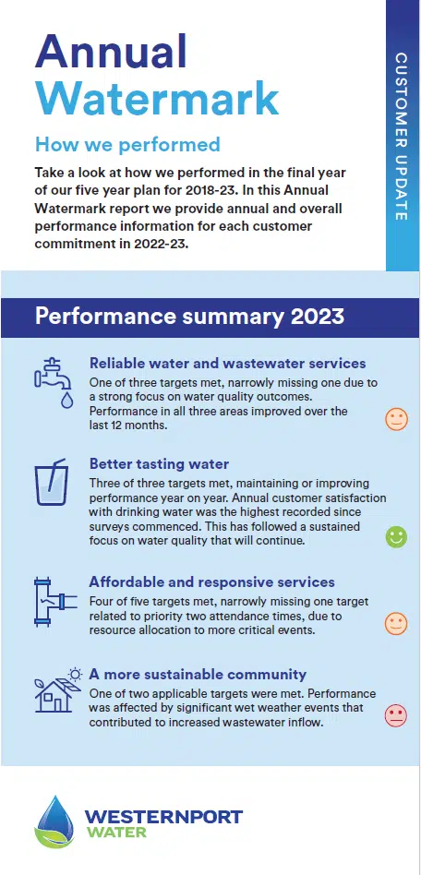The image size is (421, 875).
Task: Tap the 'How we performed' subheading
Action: pyautogui.click(x=127, y=145)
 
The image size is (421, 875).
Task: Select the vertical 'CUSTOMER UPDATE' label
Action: pyautogui.click(x=402, y=136)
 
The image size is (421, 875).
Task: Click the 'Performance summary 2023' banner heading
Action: pyautogui.click(x=189, y=317)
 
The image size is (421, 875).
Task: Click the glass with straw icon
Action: pyautogui.click(x=51, y=482)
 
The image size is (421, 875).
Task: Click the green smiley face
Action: pyautogui.click(x=396, y=537)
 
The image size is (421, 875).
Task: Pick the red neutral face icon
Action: pyautogui.click(x=396, y=716)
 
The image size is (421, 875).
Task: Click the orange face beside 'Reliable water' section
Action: pyautogui.click(x=396, y=419)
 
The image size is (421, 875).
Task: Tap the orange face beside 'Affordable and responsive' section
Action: pyautogui.click(x=396, y=623)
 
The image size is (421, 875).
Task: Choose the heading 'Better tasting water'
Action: pyautogui.click(x=159, y=463)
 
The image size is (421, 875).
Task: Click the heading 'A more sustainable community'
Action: pyautogui.click(x=198, y=674)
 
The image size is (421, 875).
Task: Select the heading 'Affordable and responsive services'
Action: pyautogui.click(x=211, y=582)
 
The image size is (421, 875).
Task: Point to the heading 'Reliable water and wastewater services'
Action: pyautogui.click(x=228, y=364)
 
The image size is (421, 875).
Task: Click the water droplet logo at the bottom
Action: pyautogui.click(x=54, y=822)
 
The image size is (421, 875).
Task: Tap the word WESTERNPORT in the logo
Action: pyautogui.click(x=163, y=817)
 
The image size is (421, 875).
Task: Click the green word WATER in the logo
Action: pyautogui.click(x=115, y=833)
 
